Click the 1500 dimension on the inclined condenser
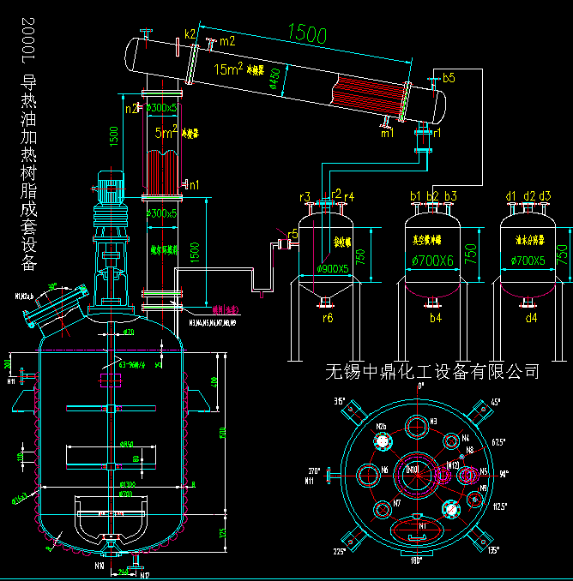(307, 35)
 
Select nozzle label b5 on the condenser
(449, 78)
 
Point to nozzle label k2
(190, 34)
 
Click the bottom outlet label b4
(435, 318)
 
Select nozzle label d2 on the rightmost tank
(529, 196)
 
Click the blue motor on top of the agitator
(112, 184)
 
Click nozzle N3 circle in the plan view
(417, 426)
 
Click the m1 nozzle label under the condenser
(388, 133)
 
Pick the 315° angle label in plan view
(340, 400)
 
